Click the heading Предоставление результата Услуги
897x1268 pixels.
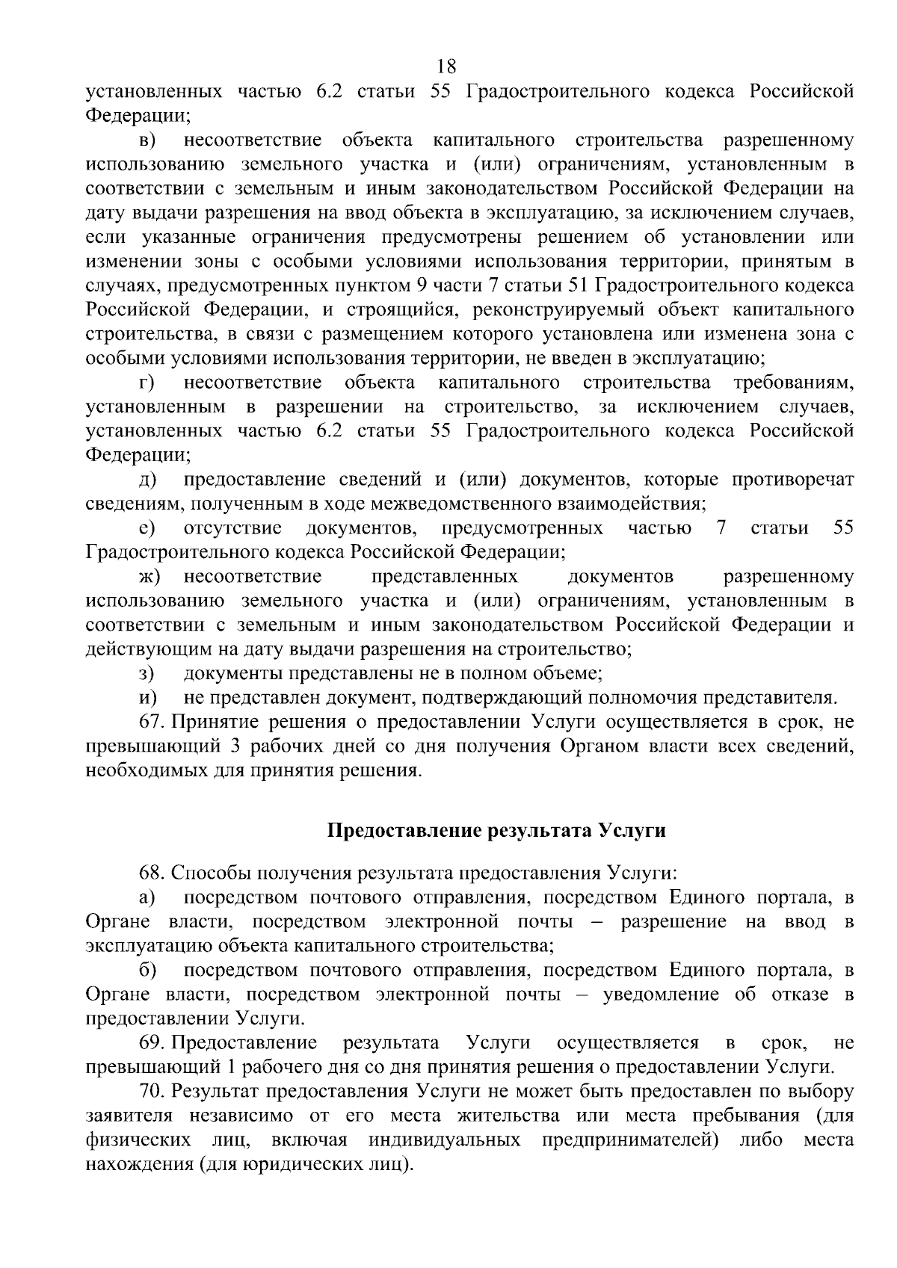pos(496,831)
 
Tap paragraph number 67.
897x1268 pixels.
pos(151,722)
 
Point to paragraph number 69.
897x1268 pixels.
pos(151,1042)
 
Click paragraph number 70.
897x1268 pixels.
pos(151,1091)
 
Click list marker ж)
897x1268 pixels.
pos(149,577)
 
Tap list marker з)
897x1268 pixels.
pos(146,674)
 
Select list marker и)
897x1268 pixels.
pos(147,698)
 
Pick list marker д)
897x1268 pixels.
pos(147,479)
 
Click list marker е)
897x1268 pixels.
pos(147,528)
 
